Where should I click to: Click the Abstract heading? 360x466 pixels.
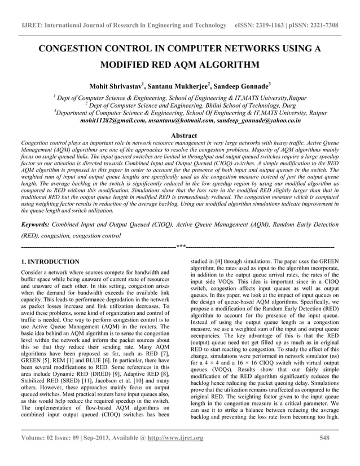click(179, 135)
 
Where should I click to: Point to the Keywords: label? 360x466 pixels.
click(38, 224)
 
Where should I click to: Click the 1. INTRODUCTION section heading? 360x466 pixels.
click(50, 262)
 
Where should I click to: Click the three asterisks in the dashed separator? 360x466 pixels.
click(181, 247)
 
